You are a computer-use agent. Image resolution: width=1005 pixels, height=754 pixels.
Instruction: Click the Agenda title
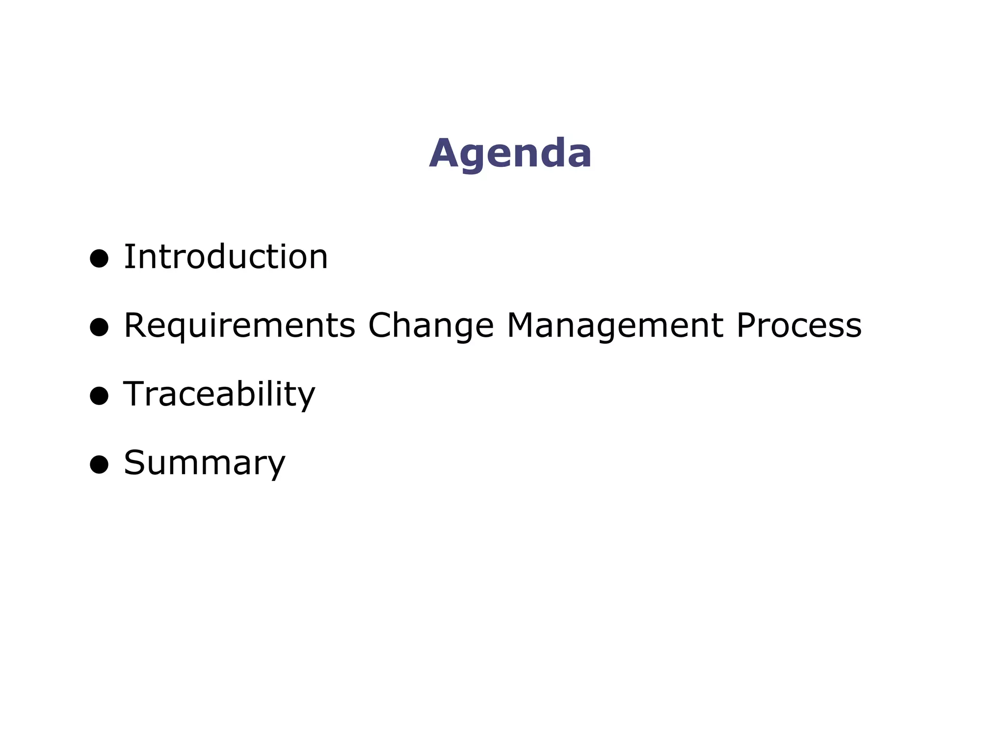coord(510,154)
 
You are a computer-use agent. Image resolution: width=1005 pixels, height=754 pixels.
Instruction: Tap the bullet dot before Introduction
coord(99,258)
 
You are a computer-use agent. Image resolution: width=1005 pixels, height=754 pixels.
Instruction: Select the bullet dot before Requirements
coord(99,327)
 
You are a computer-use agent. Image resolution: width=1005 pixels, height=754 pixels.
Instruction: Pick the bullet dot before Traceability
coord(99,396)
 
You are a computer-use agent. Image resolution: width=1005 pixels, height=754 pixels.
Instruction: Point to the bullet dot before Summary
coord(99,464)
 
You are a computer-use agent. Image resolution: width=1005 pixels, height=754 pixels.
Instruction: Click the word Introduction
coord(225,257)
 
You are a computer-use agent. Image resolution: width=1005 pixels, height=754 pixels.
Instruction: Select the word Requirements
coord(239,326)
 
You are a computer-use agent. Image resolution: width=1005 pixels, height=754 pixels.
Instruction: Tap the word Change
coord(431,326)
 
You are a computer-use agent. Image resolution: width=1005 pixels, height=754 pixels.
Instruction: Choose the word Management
coord(615,326)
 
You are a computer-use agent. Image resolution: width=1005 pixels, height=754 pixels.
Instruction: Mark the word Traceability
coord(219,395)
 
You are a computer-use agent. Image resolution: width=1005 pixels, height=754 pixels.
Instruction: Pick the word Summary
coord(204,463)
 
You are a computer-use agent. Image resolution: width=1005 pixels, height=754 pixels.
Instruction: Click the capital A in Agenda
coord(445,154)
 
